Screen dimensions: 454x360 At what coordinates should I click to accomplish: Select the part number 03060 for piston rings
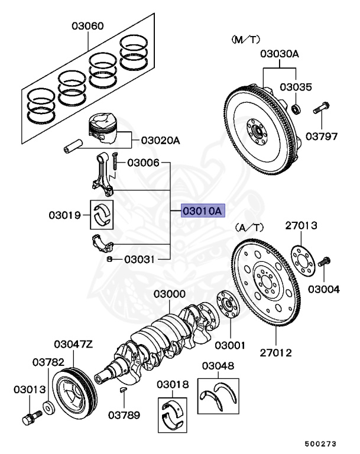[88, 26]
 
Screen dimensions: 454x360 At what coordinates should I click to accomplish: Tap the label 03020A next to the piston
[160, 141]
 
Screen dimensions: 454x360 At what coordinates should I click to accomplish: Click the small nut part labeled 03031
[110, 259]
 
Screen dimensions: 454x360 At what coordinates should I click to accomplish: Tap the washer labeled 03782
[46, 408]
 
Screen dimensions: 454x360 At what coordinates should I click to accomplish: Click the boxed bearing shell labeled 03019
[102, 215]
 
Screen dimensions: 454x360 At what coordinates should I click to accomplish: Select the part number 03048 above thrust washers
[218, 366]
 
